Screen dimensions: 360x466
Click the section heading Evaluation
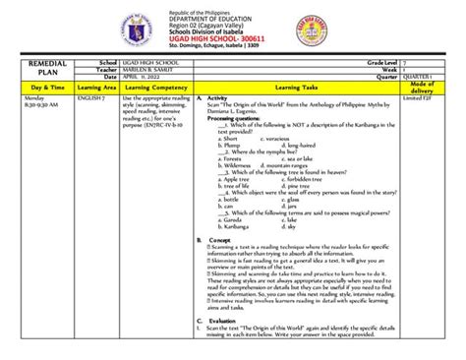tap(223, 321)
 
